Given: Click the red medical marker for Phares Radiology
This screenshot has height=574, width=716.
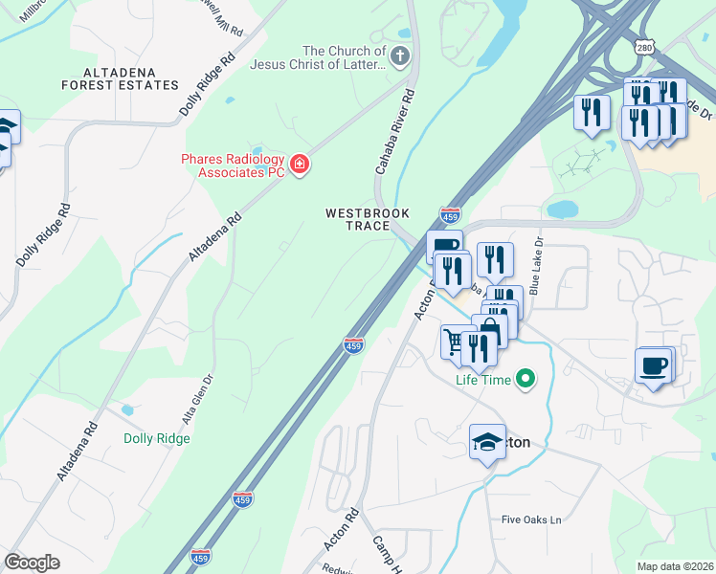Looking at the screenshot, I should pos(300,166).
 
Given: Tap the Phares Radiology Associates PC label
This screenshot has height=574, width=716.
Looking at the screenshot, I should pos(234,166).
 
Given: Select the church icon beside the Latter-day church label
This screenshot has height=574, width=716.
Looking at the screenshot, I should pos(400,56).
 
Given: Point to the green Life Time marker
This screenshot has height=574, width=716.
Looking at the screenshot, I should pos(525,380).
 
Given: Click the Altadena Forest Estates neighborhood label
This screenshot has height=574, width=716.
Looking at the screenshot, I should pos(131,78).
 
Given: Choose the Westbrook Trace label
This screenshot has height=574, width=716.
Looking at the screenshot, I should pos(358,219).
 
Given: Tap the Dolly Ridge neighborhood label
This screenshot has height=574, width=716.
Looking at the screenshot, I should pos(157,438).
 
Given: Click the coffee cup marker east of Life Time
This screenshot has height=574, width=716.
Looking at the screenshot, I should pos(655,364).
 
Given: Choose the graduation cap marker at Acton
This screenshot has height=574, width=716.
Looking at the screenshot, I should pos(487,442).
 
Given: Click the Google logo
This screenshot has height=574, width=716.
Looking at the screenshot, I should pos(32,562).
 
